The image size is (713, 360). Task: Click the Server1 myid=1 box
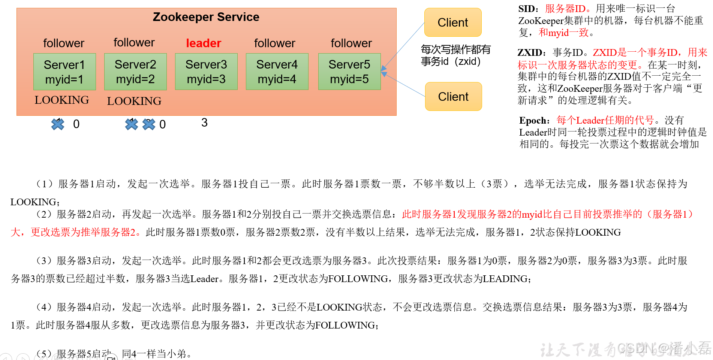[64, 72]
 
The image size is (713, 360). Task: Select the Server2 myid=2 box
[135, 72]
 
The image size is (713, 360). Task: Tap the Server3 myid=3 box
[206, 72]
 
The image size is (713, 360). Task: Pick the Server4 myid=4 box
[277, 72]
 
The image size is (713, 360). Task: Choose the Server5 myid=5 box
[349, 72]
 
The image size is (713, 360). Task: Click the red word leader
[204, 43]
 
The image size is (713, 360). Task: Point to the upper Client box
[453, 22]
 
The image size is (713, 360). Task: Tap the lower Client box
[453, 97]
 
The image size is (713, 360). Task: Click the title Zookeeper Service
[206, 17]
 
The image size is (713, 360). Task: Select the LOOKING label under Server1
[62, 100]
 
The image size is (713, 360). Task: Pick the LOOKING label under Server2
[134, 101]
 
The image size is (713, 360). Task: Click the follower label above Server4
[274, 43]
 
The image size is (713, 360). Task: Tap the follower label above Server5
[351, 43]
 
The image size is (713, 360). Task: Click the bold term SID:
[528, 9]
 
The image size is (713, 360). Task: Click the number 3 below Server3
[204, 123]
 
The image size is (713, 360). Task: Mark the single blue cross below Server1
[58, 124]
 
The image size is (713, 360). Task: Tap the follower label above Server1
[64, 43]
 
